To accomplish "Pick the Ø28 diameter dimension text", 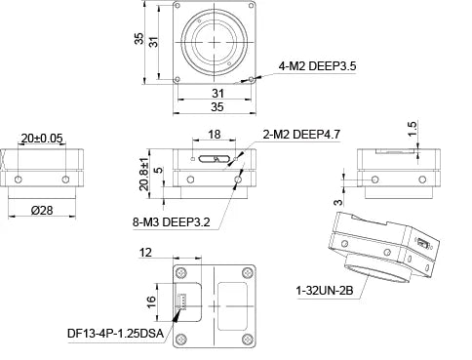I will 43,211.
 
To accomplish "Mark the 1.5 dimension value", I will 413,127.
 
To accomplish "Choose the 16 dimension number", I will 150,301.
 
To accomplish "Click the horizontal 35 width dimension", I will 216,106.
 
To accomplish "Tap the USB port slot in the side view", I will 213,156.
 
